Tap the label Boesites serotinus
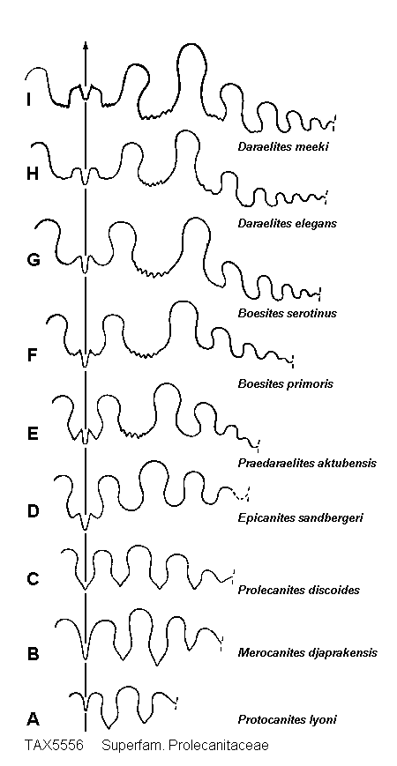pyautogui.click(x=287, y=313)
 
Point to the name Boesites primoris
pyautogui.click(x=286, y=383)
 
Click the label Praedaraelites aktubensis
pyautogui.click(x=307, y=463)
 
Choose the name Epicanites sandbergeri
pyautogui.click(x=300, y=517)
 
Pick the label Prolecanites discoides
pyautogui.click(x=299, y=590)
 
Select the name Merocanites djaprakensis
pyautogui.click(x=307, y=652)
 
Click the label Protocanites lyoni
pyautogui.click(x=287, y=719)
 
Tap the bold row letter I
pyautogui.click(x=29, y=100)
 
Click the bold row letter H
pyautogui.click(x=33, y=175)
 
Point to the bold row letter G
pyautogui.click(x=34, y=260)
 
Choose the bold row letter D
pyautogui.click(x=33, y=511)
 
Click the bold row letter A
pyautogui.click(x=33, y=719)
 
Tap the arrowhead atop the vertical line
pyautogui.click(x=86, y=45)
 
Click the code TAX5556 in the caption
pyautogui.click(x=54, y=746)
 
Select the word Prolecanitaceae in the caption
pyautogui.click(x=227, y=746)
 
